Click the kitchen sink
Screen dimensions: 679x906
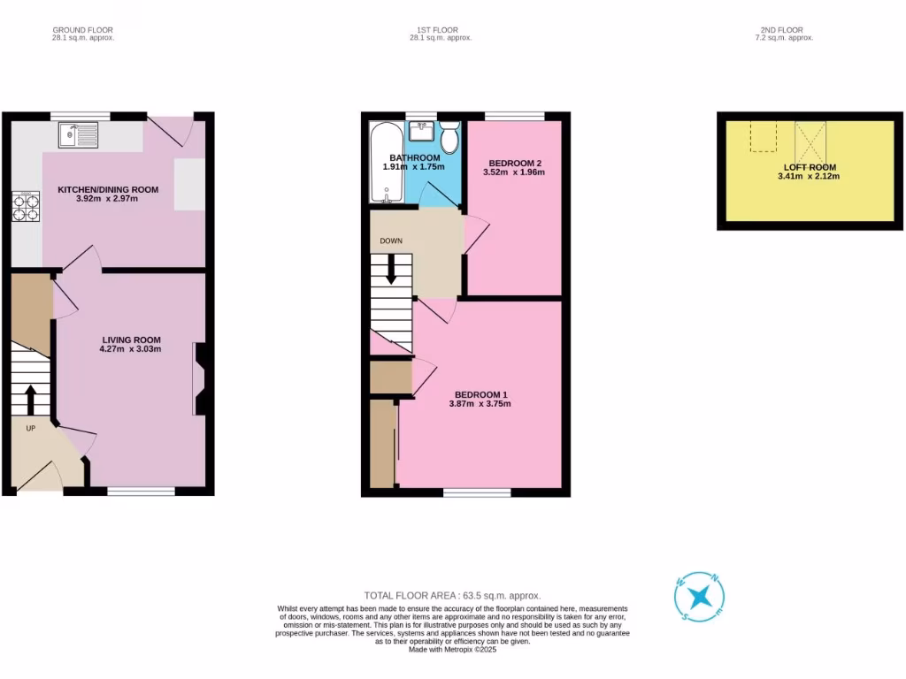(x=78, y=135)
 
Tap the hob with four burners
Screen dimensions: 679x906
(x=26, y=206)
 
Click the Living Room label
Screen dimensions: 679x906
(x=131, y=339)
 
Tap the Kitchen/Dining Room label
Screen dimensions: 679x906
(x=108, y=189)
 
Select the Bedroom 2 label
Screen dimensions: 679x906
(x=513, y=163)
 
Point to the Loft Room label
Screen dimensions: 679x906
(x=809, y=167)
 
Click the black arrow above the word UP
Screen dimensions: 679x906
(x=31, y=399)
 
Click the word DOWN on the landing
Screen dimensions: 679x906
(x=391, y=240)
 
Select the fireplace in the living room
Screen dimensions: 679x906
(x=198, y=378)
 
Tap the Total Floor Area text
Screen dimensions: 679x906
(x=452, y=596)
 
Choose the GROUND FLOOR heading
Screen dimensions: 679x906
(x=82, y=30)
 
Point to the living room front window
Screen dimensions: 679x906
(x=141, y=491)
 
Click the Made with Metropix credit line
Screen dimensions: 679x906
(x=452, y=649)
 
